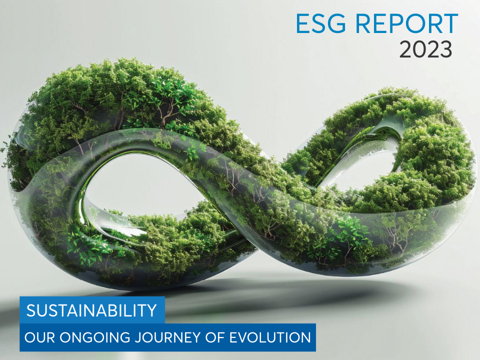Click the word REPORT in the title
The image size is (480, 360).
coord(406,23)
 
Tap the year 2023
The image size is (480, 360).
coord(426,49)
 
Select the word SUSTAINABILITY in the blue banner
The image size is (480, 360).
coord(91,310)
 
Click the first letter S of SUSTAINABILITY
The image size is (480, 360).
coord(31,310)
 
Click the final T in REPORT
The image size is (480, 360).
coord(450,23)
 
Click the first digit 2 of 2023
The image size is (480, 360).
coord(405,49)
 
